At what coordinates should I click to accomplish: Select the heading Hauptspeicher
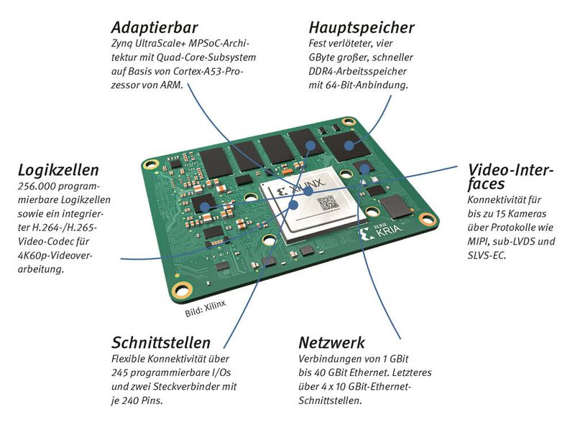[x=362, y=28]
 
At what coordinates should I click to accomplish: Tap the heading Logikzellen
[x=58, y=171]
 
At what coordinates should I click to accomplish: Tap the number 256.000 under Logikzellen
[x=37, y=187]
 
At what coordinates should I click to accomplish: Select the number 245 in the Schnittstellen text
[x=123, y=373]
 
